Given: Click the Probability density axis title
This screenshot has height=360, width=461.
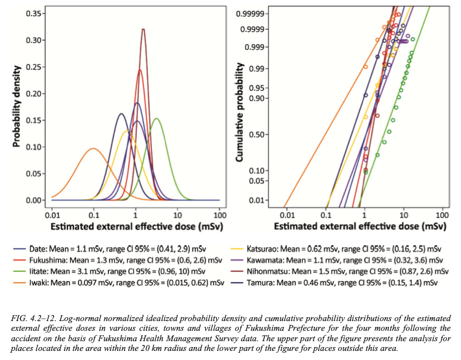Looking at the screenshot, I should [x=18, y=107].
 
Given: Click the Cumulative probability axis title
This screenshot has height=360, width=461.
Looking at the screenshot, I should [x=240, y=112].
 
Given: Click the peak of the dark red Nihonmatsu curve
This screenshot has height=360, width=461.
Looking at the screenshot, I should [x=143, y=29].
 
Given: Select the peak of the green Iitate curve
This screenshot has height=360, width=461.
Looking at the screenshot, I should [x=156, y=119].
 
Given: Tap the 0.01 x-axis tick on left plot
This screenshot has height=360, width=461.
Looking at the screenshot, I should [x=53, y=215].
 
